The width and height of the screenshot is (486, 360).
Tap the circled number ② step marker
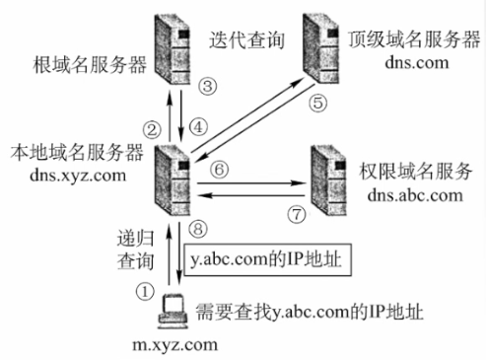pyautogui.click(x=151, y=128)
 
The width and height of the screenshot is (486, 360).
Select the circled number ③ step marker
pyautogui.click(x=207, y=87)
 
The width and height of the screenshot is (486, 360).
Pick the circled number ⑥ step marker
pyautogui.click(x=221, y=170)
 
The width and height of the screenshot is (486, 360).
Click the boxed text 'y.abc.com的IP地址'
pyautogui.click(x=263, y=262)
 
